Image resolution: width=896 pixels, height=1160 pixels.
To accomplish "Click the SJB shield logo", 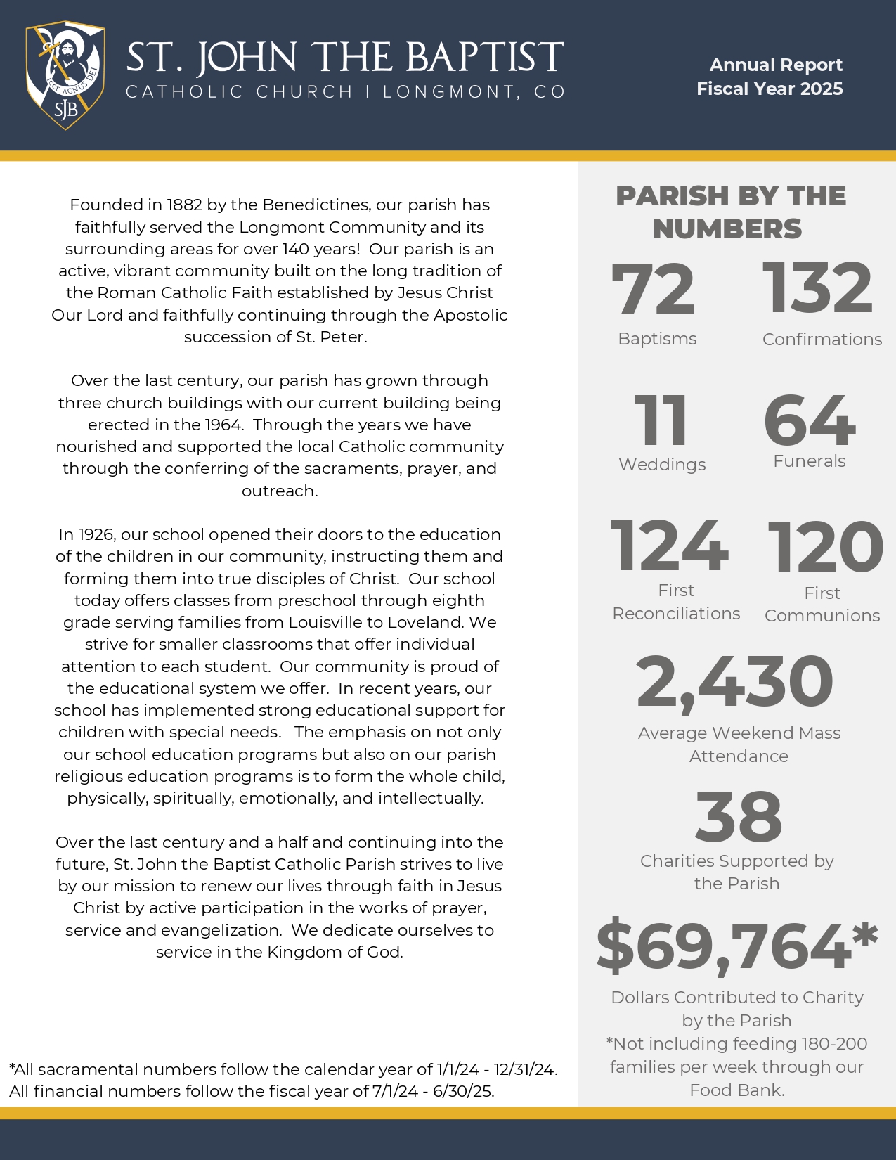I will [65, 75].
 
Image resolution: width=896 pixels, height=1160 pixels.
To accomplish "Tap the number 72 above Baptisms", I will [654, 289].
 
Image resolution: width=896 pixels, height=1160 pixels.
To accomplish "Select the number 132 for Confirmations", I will [817, 288].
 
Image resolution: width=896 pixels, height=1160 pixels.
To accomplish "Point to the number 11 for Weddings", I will [661, 420].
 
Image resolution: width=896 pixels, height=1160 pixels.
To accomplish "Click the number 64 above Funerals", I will [810, 420].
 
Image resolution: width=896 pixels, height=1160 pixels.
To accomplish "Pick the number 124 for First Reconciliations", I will [669, 546].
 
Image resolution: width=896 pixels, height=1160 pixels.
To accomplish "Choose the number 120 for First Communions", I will [825, 548].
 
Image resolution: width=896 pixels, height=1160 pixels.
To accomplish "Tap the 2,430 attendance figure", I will [734, 681].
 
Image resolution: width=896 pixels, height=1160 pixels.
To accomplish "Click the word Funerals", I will [810, 461].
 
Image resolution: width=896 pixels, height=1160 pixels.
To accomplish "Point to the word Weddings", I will [662, 465].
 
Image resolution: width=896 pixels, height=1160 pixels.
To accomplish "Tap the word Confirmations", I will [822, 340].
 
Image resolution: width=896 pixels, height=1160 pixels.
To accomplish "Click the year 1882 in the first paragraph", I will [185, 205].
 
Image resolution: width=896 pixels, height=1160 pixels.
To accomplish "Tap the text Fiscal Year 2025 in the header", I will [770, 89].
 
